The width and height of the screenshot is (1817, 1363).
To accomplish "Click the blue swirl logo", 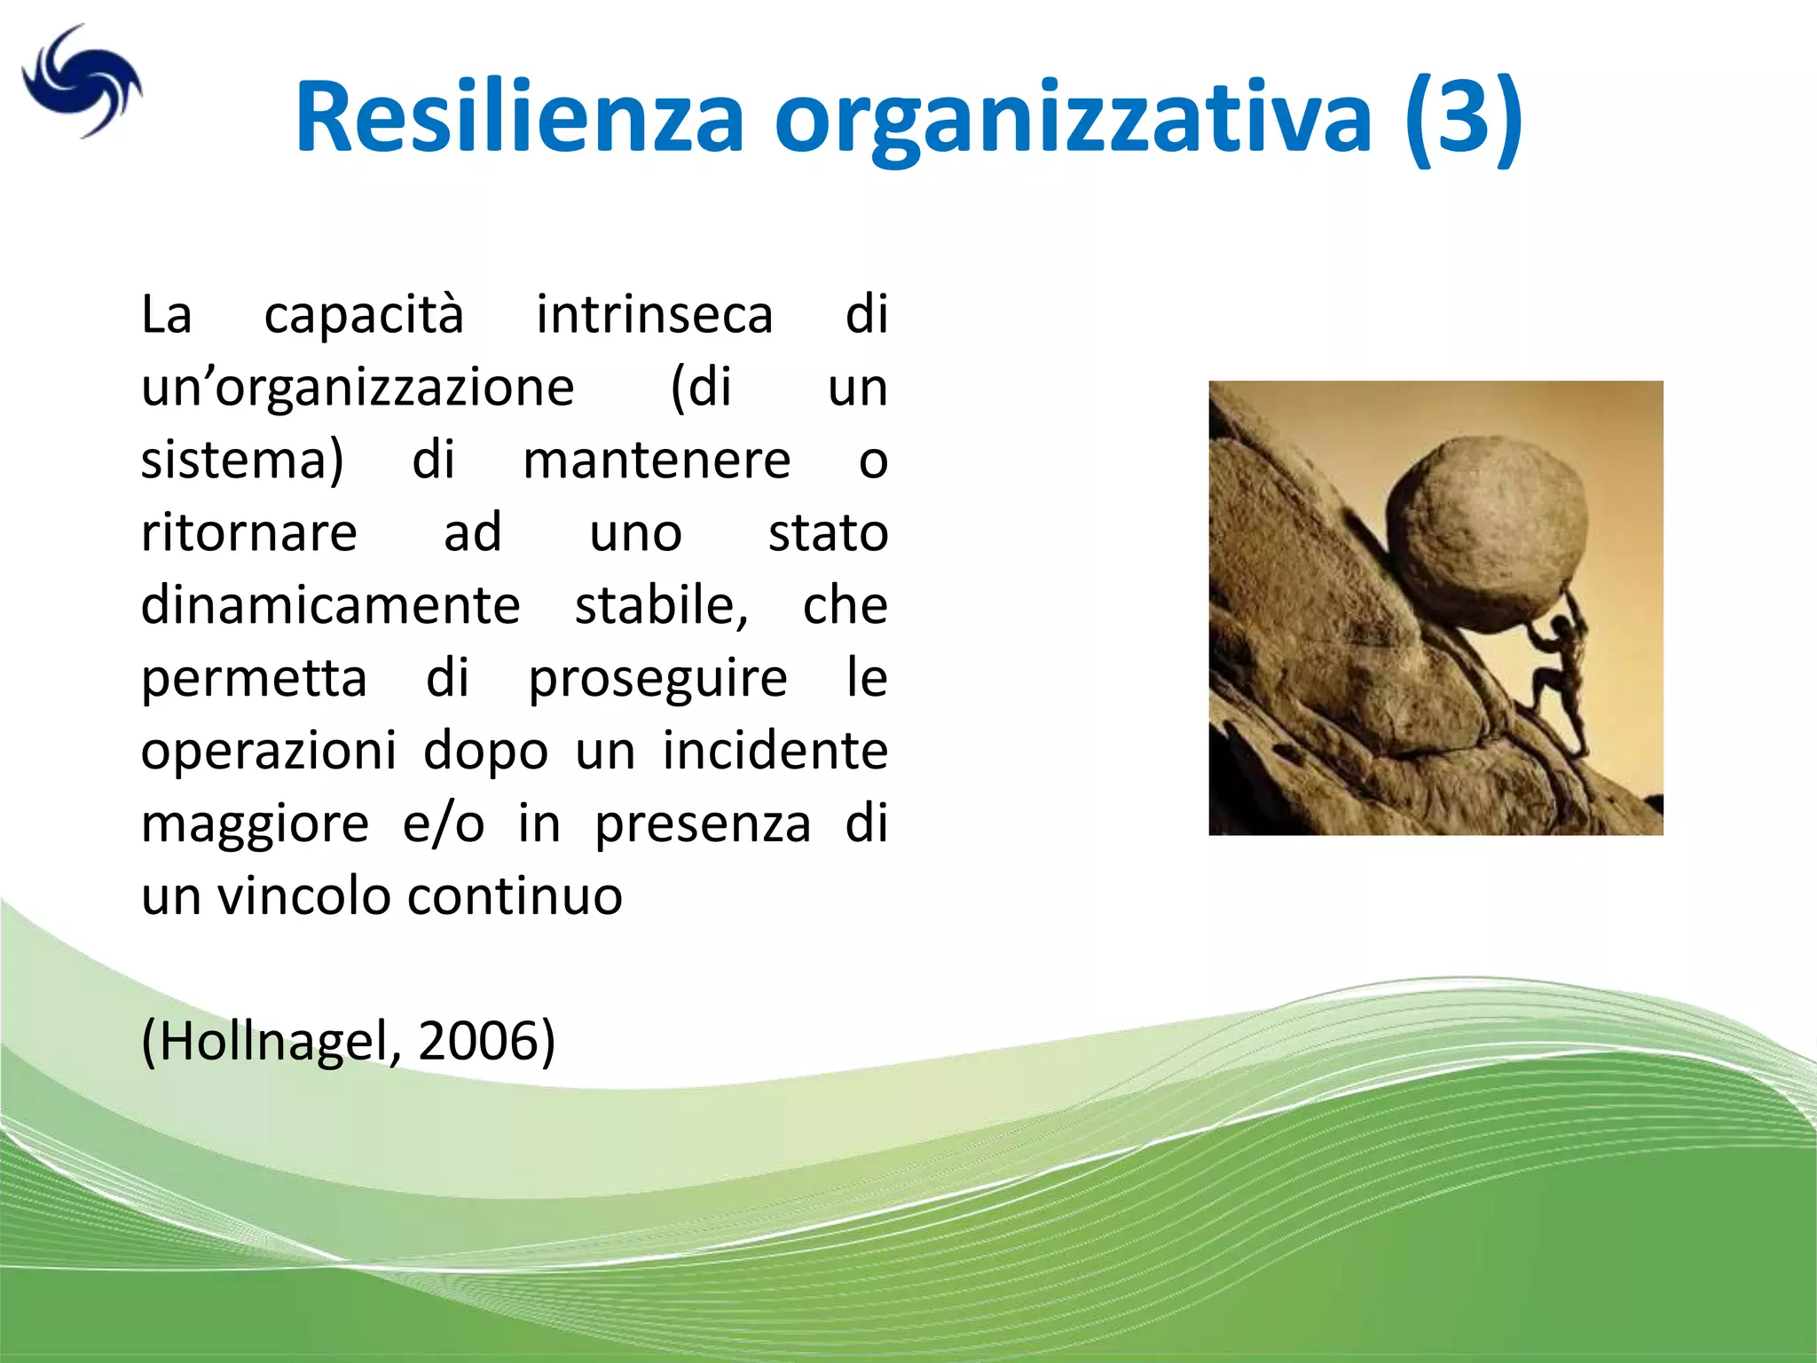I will tap(82, 82).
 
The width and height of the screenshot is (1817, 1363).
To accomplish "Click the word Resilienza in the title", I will tap(519, 117).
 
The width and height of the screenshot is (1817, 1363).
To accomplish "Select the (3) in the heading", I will tap(1464, 117).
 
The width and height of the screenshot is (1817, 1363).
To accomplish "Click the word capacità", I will tap(364, 314).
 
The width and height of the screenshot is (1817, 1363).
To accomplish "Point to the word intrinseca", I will tap(655, 314).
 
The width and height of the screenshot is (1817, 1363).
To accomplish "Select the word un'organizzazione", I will tap(358, 389).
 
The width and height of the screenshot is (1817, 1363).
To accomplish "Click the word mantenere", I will tap(657, 460).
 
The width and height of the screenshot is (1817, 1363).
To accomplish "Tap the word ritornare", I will tap(249, 532).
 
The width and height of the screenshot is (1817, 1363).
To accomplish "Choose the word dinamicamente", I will tap(330, 605).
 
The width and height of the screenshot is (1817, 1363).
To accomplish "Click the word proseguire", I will tap(657, 680).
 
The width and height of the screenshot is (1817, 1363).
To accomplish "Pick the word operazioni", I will tap(269, 752).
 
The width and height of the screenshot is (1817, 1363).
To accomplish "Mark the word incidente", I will tap(775, 751).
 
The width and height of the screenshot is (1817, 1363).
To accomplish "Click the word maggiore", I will tap(255, 825).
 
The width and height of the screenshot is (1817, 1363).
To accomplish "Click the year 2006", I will tap(480, 1040).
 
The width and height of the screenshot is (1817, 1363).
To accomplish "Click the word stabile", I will tap(661, 605).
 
